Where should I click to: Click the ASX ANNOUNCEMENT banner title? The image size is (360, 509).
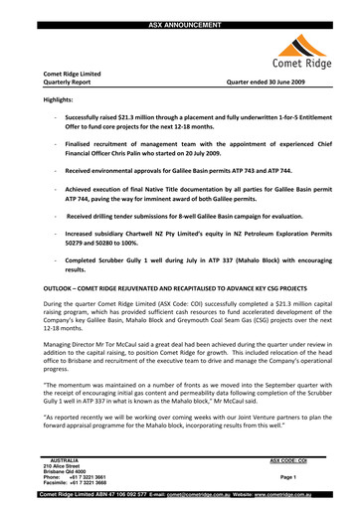click(x=180, y=6)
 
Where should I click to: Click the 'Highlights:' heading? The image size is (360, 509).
click(x=59, y=101)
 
